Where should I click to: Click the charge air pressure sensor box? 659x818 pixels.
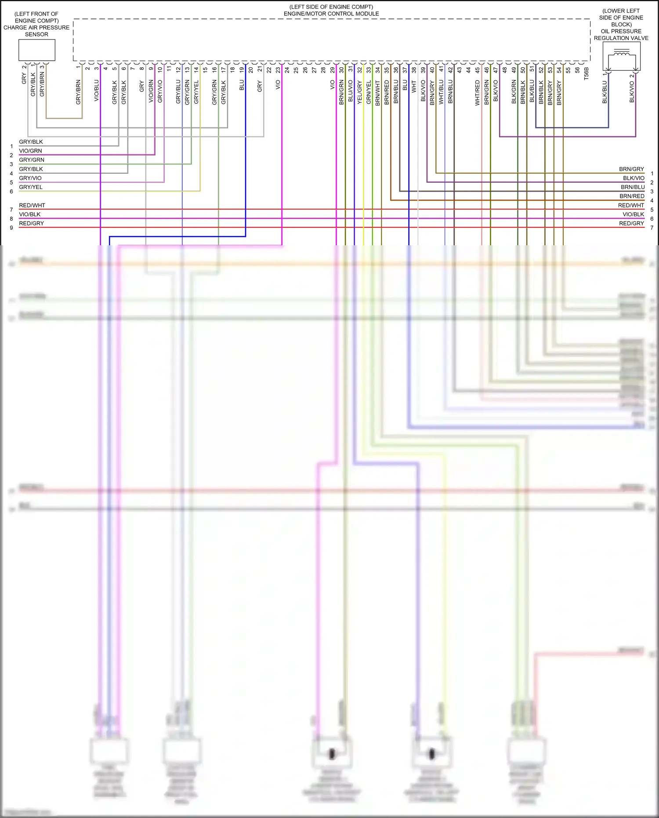tap(36, 50)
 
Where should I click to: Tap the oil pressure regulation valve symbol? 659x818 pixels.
tap(621, 57)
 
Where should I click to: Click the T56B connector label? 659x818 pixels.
tap(586, 73)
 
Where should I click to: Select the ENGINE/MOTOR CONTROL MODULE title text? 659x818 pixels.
tap(331, 14)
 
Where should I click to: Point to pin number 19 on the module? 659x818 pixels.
tap(242, 69)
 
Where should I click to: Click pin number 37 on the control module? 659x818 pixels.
tap(405, 69)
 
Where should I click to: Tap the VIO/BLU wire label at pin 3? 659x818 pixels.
tap(97, 91)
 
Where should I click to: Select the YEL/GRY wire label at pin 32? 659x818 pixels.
tap(359, 92)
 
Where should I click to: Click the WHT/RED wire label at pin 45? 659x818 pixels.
tap(478, 93)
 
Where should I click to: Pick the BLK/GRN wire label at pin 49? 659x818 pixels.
tap(514, 92)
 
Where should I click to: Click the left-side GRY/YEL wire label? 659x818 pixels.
tap(31, 187)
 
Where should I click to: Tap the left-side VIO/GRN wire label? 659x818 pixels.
tap(30, 151)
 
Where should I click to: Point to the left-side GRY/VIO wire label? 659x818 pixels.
tap(30, 178)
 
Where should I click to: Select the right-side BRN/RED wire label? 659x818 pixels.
tap(632, 196)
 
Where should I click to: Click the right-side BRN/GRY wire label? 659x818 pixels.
tap(631, 169)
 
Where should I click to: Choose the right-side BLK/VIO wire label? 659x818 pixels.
tap(633, 178)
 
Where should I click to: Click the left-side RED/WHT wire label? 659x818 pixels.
tap(32, 205)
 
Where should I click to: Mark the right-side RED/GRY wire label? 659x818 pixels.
tap(631, 223)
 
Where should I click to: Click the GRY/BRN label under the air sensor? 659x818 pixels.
tap(42, 84)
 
